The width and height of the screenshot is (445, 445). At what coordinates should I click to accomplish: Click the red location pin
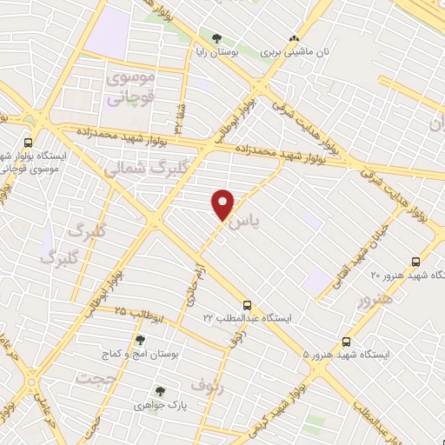(224, 203)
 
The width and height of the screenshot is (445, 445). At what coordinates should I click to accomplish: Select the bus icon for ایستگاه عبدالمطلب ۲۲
(248, 305)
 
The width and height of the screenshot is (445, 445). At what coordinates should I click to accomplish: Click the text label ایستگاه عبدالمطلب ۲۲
(249, 319)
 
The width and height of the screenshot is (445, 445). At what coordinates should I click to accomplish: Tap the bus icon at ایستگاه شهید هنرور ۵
(347, 342)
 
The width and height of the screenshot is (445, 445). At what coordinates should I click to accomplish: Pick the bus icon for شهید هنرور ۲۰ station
(415, 261)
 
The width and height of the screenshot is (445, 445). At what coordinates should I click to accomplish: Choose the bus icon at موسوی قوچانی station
(29, 143)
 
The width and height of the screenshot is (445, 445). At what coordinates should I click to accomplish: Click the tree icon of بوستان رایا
(216, 38)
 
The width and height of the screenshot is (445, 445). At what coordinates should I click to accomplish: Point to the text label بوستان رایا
(216, 52)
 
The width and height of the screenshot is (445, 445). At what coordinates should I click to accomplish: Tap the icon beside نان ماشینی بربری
(294, 38)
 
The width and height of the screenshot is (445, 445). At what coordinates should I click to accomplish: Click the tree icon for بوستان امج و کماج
(139, 341)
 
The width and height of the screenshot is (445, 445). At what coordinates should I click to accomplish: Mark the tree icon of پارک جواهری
(158, 392)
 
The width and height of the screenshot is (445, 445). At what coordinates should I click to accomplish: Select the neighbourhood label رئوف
(209, 389)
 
